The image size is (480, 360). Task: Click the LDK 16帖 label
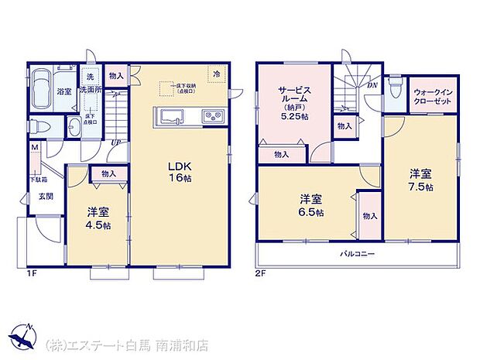click(181, 170)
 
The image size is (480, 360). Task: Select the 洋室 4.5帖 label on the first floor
click(98, 219)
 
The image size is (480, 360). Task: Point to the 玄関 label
click(46, 197)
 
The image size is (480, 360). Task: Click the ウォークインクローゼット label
click(433, 98)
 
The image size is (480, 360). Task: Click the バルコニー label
click(356, 254)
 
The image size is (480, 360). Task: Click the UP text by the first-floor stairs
click(114, 142)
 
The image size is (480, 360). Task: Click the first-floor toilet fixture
click(41, 127)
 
